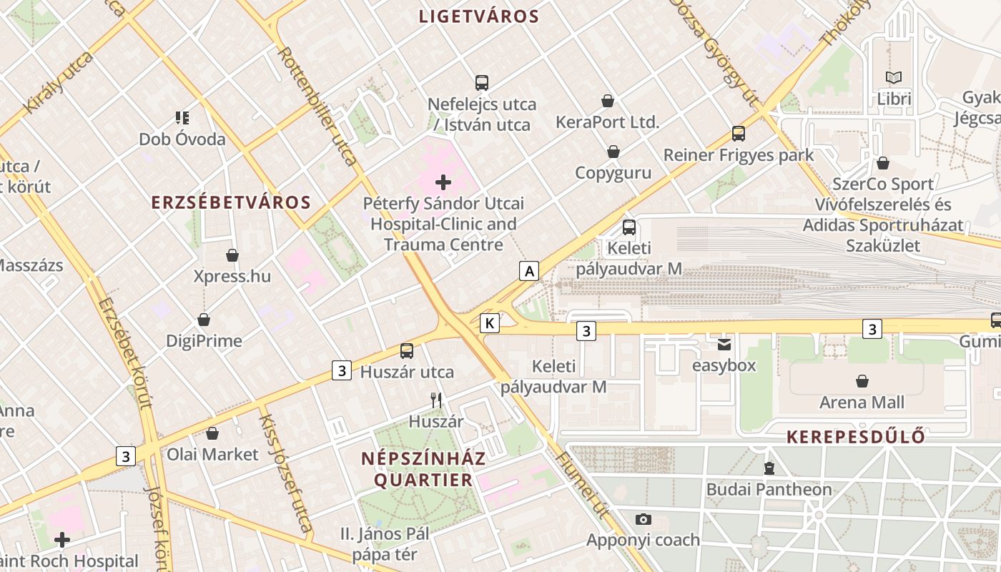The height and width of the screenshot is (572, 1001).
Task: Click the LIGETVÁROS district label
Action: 478,16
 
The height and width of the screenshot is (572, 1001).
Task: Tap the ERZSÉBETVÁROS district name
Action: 231,202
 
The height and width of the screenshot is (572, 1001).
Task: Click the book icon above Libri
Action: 894,77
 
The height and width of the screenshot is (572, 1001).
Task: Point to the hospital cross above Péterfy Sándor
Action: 443,182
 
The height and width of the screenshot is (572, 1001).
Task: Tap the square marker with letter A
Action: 529,271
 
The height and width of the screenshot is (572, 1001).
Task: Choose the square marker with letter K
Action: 490,323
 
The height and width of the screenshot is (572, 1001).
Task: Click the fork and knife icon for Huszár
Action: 436,400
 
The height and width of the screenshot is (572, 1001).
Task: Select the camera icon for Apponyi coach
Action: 643,519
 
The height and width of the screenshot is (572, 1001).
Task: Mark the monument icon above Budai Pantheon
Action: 769,468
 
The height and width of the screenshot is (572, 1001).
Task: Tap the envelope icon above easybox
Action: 724,345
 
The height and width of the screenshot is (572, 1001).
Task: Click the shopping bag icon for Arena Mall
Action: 862,381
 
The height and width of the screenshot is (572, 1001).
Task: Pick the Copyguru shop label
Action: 613,173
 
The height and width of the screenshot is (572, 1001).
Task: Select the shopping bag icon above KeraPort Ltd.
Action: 607,101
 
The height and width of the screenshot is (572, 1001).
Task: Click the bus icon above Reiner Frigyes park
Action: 739,134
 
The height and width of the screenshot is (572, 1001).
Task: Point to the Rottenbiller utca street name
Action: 316,105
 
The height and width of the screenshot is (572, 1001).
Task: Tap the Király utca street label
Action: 59,83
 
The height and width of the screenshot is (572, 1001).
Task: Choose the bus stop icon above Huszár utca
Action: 407,350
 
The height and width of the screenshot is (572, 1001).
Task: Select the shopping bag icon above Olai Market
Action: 212,433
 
